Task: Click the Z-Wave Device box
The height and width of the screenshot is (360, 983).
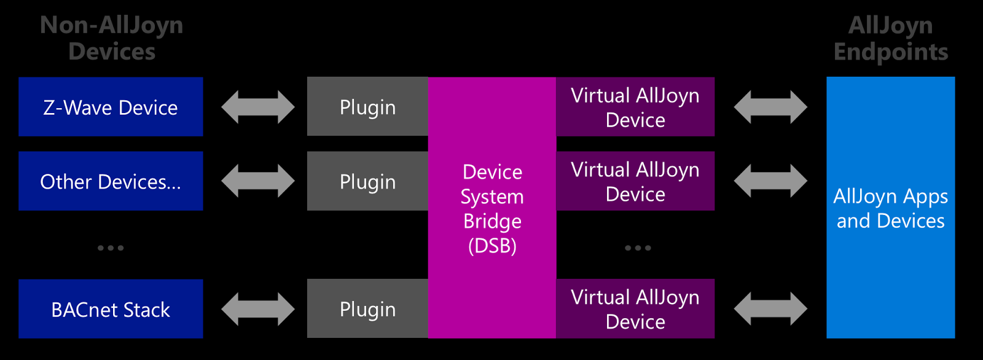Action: (x=111, y=107)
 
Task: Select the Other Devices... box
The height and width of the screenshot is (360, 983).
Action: (x=111, y=181)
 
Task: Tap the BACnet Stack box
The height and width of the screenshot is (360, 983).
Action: (x=111, y=309)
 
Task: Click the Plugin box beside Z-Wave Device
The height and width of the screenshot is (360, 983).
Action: (x=367, y=107)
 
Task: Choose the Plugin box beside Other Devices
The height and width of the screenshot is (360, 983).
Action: (x=367, y=181)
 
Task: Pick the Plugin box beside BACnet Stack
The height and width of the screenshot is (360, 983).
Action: (x=367, y=309)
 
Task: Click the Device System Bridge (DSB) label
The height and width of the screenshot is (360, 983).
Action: (x=492, y=208)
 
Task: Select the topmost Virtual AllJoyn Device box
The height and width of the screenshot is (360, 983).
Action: (x=635, y=107)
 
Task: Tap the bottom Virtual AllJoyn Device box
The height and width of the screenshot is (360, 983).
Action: (x=635, y=309)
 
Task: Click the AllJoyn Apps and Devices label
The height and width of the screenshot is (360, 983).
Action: (x=890, y=208)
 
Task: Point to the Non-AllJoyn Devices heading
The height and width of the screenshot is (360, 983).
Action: (x=112, y=38)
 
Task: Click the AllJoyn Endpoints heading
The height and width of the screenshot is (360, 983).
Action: (x=890, y=38)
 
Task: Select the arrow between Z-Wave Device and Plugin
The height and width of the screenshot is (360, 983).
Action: (x=258, y=107)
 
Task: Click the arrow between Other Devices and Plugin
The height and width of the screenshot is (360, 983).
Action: (x=258, y=181)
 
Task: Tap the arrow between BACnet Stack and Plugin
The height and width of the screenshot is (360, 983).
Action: (x=258, y=309)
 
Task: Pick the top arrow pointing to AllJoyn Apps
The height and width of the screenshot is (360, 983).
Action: (x=770, y=107)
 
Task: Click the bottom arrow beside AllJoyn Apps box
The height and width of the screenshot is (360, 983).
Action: (x=770, y=309)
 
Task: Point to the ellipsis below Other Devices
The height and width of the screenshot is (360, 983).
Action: (x=111, y=248)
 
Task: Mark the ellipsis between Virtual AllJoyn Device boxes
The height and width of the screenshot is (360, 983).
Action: (x=638, y=248)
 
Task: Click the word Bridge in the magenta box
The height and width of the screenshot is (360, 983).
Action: (x=492, y=221)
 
